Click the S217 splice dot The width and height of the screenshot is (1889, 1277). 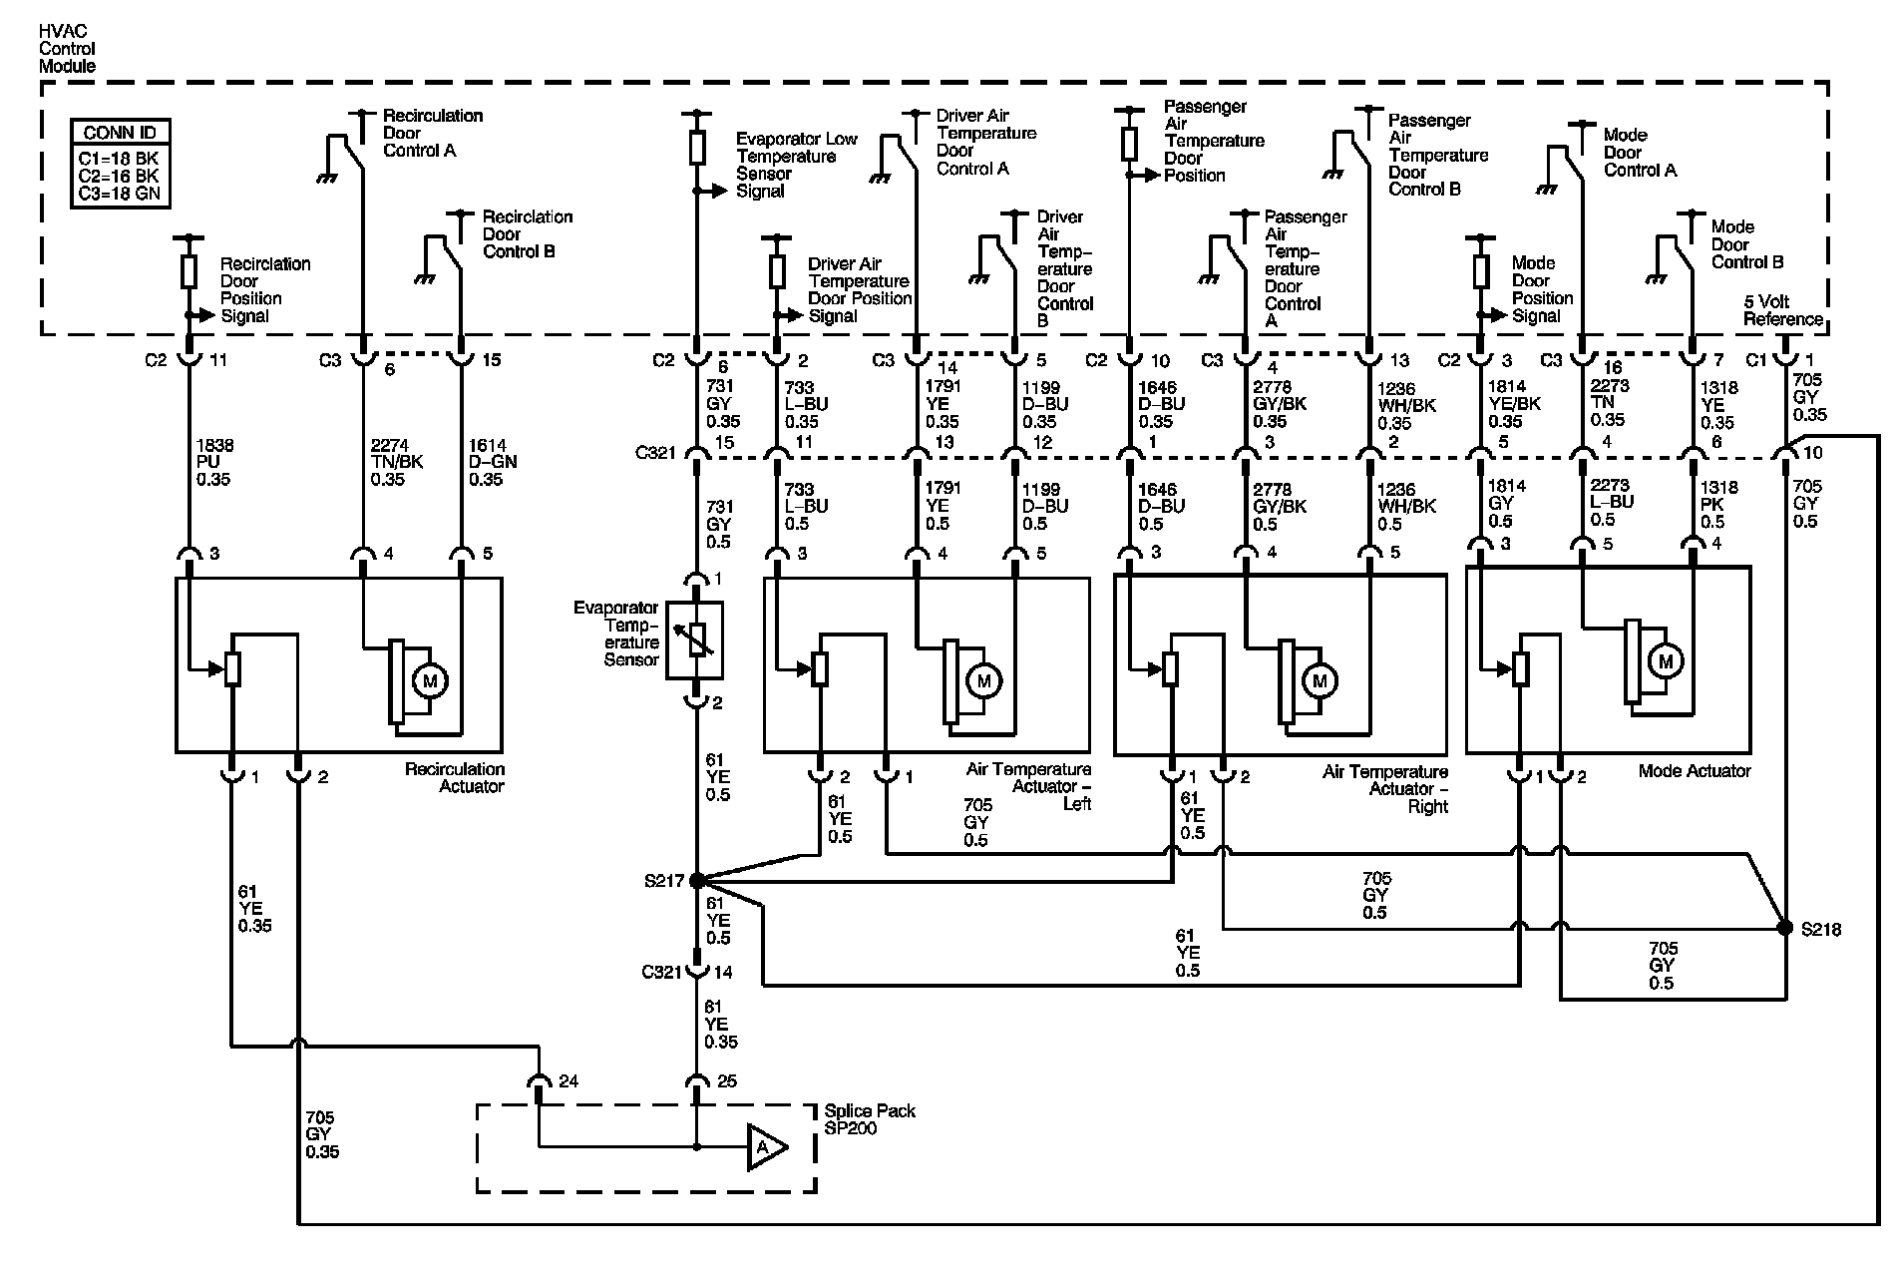(697, 880)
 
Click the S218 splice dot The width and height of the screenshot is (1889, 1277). (1785, 928)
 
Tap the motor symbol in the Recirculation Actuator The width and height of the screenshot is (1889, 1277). (430, 681)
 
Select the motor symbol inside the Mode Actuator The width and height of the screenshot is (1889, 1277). (1665, 660)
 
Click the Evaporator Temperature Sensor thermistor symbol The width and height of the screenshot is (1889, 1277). (696, 639)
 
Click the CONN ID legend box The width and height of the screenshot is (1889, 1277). (120, 164)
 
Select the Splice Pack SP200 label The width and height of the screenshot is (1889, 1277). (870, 1119)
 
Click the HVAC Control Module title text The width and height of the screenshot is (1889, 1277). (67, 49)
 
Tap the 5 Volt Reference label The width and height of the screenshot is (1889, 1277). (1782, 310)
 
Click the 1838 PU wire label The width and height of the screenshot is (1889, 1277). (214, 462)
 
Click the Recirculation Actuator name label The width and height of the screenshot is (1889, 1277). (455, 777)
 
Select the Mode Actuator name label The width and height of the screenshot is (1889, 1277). (1695, 770)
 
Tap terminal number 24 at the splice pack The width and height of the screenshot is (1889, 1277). (568, 1080)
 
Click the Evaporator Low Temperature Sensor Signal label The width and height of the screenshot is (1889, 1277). (796, 165)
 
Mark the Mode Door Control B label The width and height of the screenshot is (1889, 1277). (1747, 244)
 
